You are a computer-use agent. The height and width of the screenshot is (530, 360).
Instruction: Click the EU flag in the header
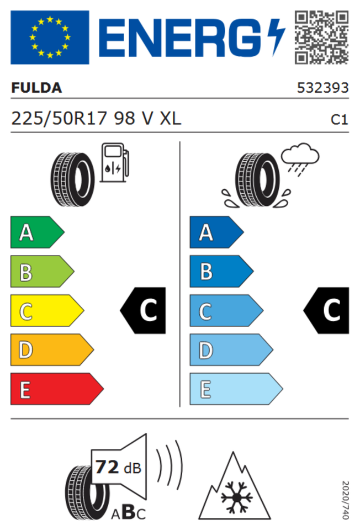50,37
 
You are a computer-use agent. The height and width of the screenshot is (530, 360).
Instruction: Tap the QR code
321,37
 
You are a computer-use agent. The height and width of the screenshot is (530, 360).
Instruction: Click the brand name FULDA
36,88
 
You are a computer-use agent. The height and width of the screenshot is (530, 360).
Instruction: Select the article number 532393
322,88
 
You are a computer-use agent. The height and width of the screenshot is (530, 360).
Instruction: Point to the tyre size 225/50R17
60,119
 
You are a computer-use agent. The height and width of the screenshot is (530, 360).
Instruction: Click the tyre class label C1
339,120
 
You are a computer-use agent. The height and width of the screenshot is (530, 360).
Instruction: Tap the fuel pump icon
115,163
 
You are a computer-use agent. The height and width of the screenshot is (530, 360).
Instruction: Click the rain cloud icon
300,158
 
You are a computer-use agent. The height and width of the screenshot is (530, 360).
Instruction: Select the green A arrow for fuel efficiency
37,232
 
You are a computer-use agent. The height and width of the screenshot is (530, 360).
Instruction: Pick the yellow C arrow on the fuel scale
47,311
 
